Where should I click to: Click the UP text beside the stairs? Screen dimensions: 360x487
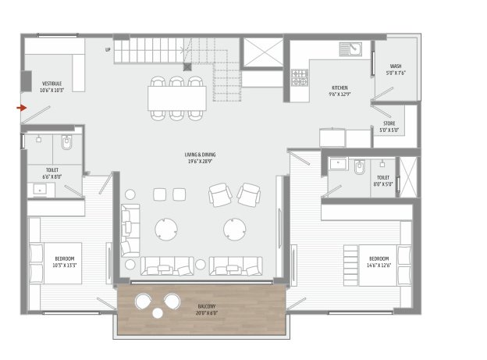click(108, 50)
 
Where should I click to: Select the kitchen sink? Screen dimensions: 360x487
click(351, 50)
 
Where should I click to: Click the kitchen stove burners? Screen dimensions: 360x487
click(299, 77)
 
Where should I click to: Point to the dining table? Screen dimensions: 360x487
click(178, 97)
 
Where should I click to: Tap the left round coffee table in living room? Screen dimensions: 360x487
click(166, 229)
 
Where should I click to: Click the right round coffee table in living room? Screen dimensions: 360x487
click(235, 229)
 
